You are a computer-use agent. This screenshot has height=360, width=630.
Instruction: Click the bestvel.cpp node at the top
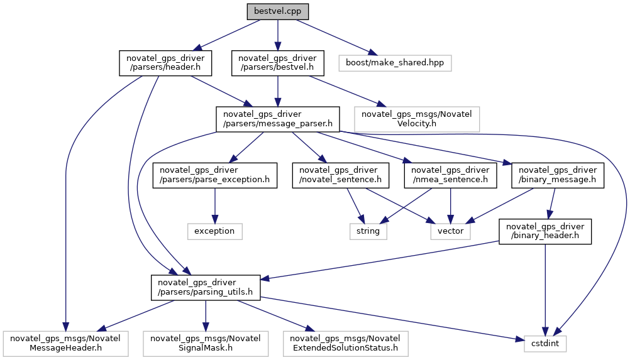tap(278, 12)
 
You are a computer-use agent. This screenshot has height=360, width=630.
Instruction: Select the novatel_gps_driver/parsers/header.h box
tap(165, 63)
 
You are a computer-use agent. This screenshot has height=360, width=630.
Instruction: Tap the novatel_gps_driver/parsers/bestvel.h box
tap(278, 63)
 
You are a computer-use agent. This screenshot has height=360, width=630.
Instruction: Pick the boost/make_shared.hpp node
tap(395, 63)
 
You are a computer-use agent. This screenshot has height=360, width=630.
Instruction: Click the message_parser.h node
tap(278, 119)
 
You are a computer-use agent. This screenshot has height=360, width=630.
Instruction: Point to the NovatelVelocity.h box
tap(417, 119)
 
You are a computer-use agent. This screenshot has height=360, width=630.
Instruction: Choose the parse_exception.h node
tap(214, 175)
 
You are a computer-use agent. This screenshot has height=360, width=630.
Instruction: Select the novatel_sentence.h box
tap(340, 175)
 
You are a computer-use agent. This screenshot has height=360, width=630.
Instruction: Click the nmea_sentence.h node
tap(450, 175)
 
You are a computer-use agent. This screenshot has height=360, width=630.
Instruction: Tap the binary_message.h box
tap(558, 175)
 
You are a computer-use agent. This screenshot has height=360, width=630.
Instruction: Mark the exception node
tap(214, 232)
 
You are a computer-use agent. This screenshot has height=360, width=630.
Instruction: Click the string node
tap(368, 232)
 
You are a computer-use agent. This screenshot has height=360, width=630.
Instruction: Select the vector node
tap(450, 232)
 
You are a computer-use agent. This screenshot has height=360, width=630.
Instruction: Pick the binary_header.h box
tap(545, 232)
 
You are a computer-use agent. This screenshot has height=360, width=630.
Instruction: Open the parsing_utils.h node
tap(206, 288)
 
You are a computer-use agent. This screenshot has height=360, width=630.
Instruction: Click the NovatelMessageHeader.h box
tap(65, 344)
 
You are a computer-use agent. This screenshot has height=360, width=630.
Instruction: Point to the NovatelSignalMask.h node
tap(206, 344)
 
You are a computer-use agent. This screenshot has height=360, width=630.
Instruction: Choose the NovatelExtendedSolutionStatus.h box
tap(346, 344)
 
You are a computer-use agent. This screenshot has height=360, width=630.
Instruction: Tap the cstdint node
tap(545, 344)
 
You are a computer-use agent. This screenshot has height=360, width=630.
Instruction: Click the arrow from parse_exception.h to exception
tap(214, 206)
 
